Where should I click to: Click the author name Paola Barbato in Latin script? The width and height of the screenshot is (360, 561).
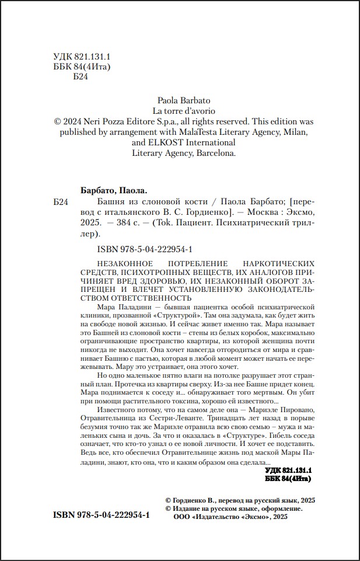tap(184, 100)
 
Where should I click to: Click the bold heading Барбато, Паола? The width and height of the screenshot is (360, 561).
tap(113, 190)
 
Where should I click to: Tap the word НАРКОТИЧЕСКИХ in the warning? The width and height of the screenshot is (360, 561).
tap(274, 263)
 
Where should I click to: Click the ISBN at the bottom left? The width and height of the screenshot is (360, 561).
tap(101, 517)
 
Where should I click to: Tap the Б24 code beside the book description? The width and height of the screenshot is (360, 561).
tap(61, 201)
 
